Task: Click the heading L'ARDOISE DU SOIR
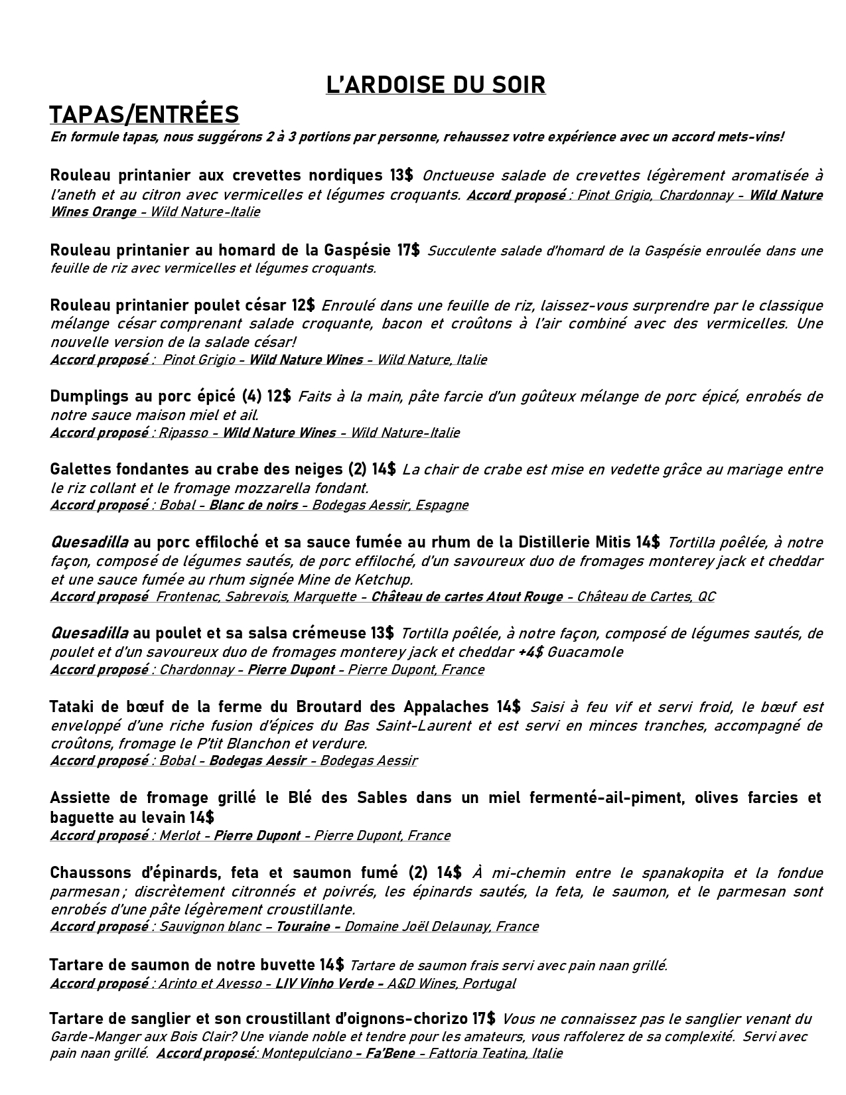pyautogui.click(x=435, y=85)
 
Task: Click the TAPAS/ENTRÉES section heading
pyautogui.click(x=144, y=114)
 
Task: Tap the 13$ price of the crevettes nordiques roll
pyautogui.click(x=401, y=175)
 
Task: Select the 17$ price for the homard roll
pyautogui.click(x=408, y=250)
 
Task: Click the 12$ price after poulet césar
pyautogui.click(x=303, y=305)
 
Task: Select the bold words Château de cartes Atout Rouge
pyautogui.click(x=466, y=597)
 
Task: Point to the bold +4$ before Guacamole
pyautogui.click(x=530, y=652)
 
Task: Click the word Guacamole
pyautogui.click(x=585, y=652)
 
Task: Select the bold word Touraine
pyautogui.click(x=303, y=926)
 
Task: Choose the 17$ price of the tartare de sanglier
pyautogui.click(x=484, y=1018)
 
